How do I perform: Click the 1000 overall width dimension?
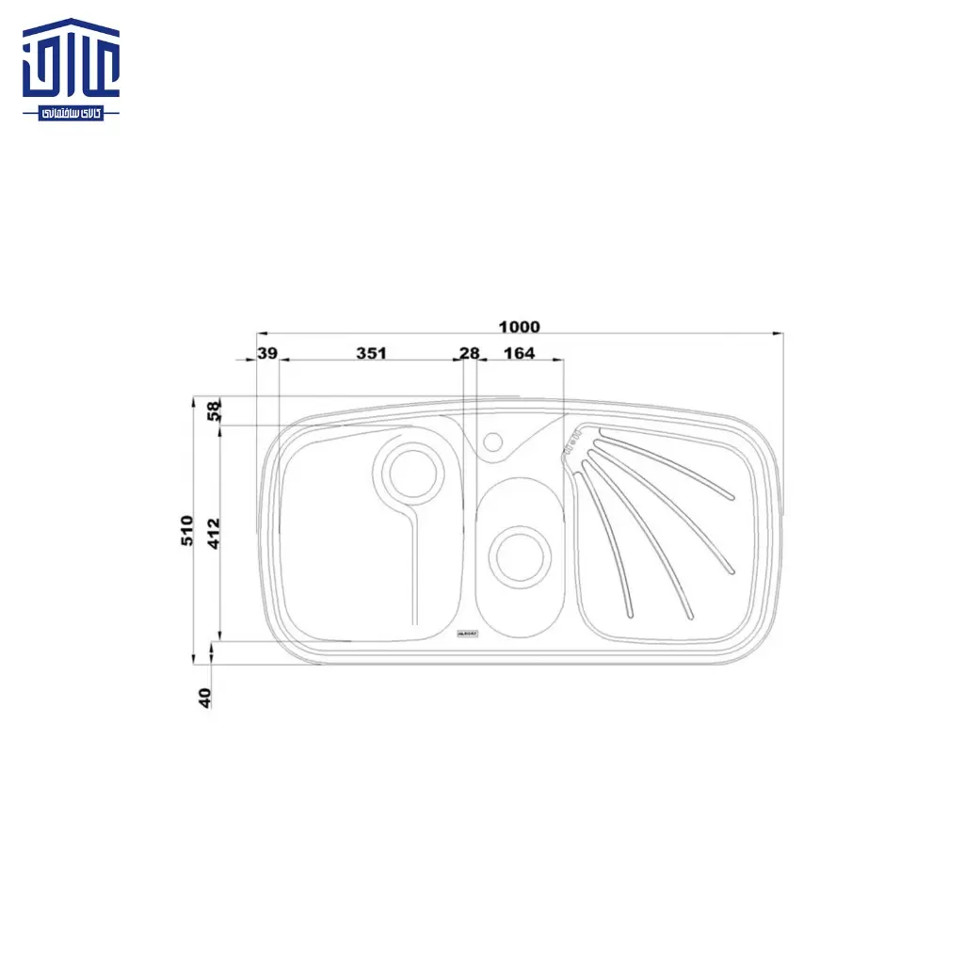pos(519,327)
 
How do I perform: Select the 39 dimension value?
pos(267,353)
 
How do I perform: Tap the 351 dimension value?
pos(372,353)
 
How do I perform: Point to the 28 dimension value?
pos(469,353)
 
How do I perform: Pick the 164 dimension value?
pos(519,353)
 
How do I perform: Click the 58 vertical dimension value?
pos(215,410)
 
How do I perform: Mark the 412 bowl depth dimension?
pos(214,534)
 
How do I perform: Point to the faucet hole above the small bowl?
pos(491,441)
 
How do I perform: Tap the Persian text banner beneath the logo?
pos(72,113)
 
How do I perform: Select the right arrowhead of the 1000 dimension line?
pos(778,332)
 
